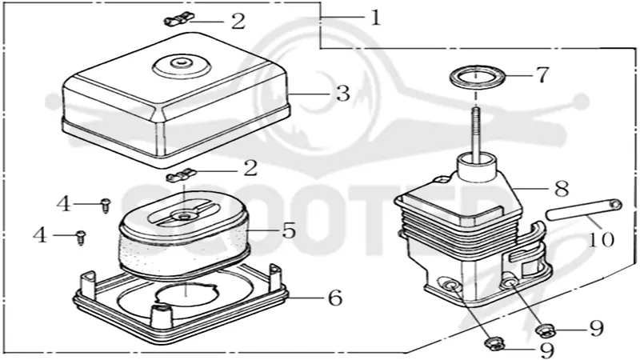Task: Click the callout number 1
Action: [375, 18]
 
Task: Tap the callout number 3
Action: [343, 94]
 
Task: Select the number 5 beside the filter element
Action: [289, 230]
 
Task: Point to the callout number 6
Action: [335, 298]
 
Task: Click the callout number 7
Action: [542, 75]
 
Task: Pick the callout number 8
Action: [562, 188]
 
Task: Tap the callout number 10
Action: [601, 239]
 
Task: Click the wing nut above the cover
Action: [179, 18]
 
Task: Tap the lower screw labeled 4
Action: [82, 238]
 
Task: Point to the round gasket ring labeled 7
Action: [476, 78]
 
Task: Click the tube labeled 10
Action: [584, 210]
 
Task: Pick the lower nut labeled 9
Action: [494, 343]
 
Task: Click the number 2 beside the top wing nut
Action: [238, 22]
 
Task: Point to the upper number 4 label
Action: [64, 204]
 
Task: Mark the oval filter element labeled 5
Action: [185, 236]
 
